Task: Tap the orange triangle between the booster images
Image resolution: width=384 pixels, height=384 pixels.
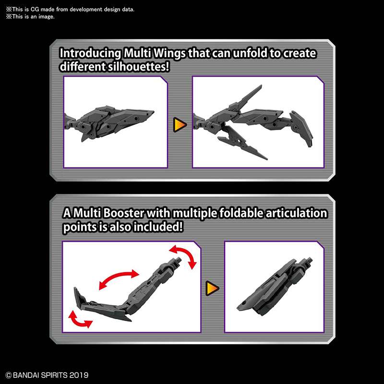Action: pos(212,288)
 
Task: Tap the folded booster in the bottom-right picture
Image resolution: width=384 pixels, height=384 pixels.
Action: pos(271,288)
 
